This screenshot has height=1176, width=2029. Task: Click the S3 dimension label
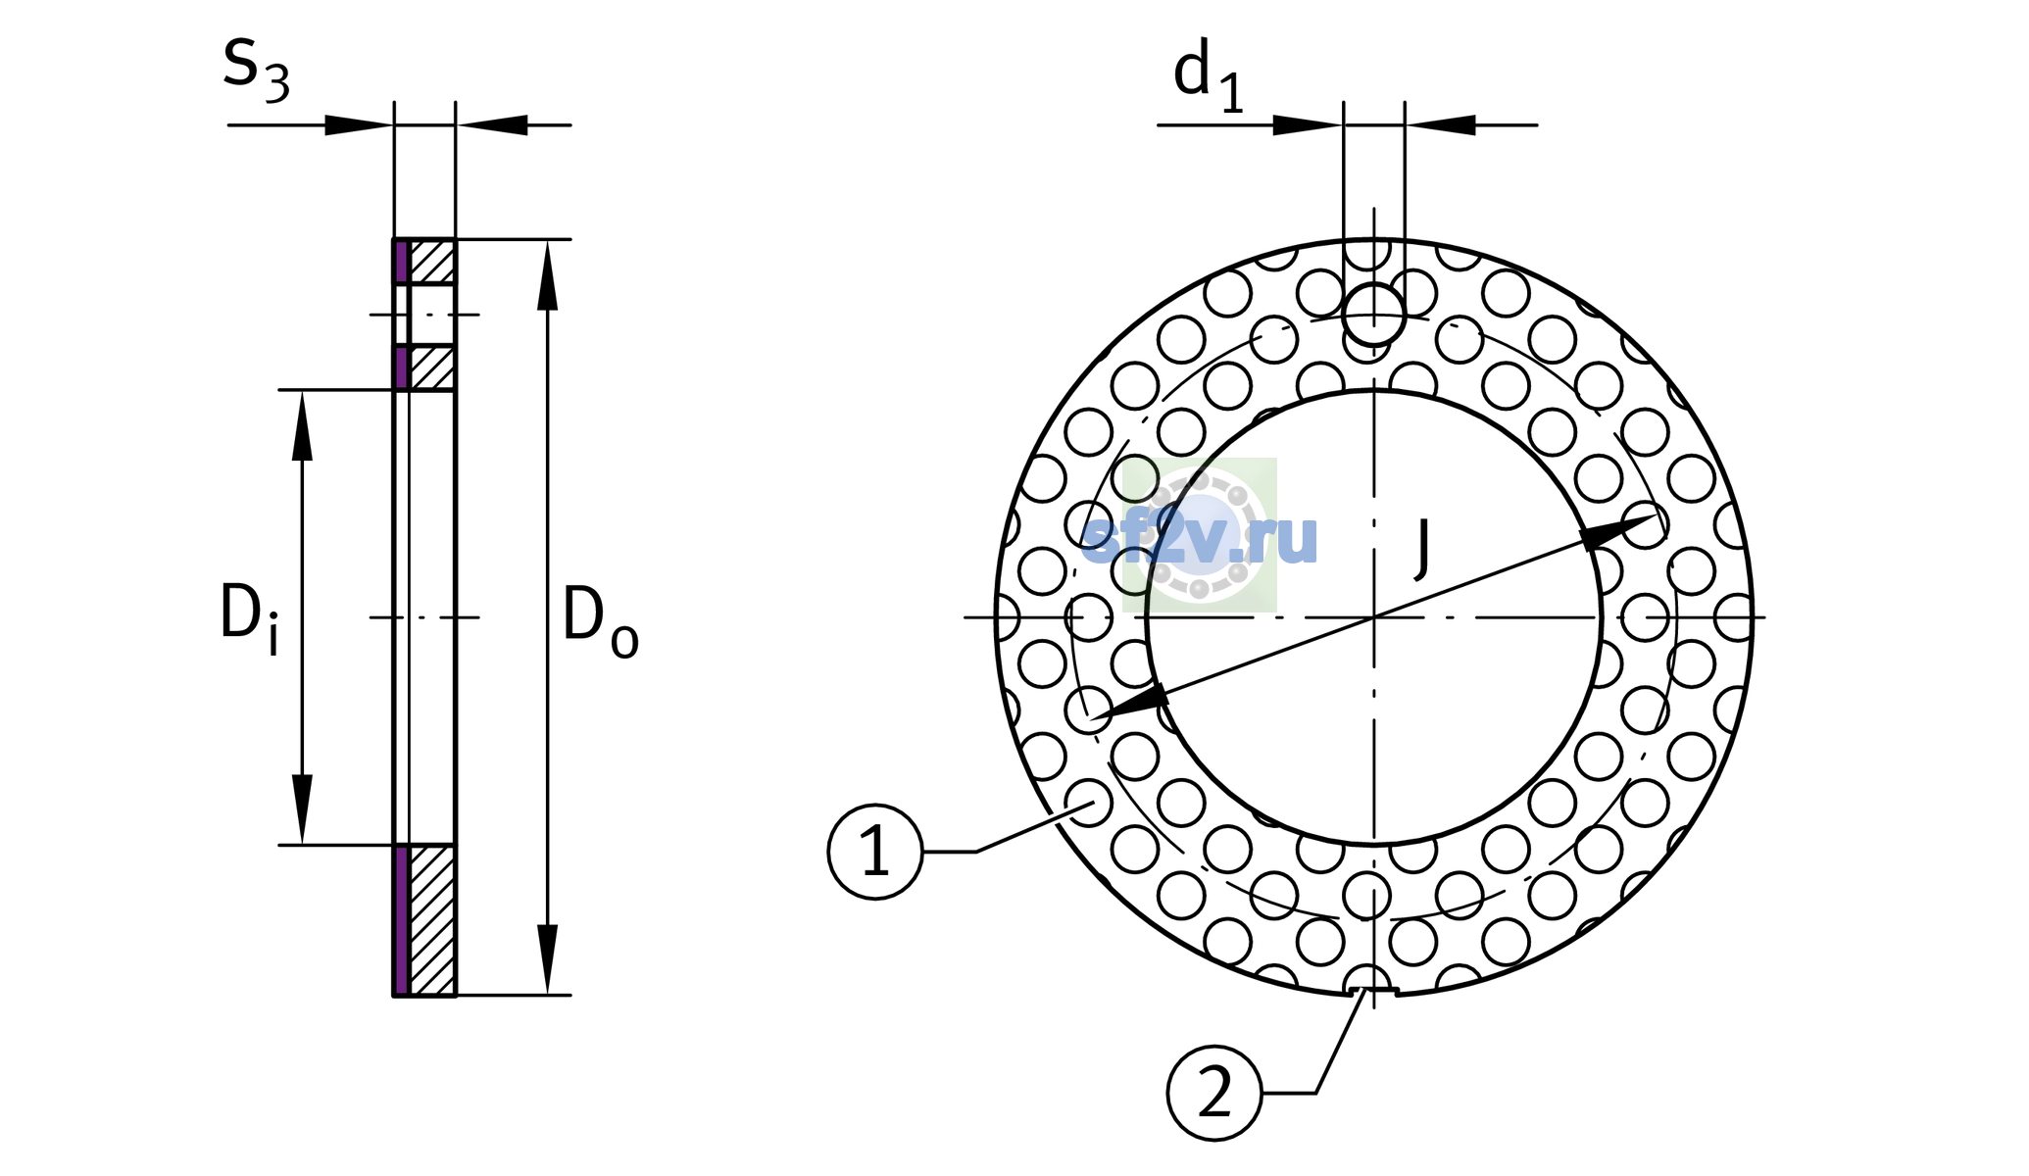[x=256, y=71]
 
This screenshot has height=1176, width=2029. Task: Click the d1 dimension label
[x=1209, y=76]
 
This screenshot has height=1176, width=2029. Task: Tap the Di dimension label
[x=249, y=617]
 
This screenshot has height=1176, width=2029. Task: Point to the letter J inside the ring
[x=1423, y=547]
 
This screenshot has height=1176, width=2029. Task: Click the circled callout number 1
[x=875, y=852]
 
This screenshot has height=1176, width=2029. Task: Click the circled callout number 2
[x=1214, y=1093]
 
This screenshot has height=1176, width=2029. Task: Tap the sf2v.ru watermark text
[x=1200, y=537]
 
